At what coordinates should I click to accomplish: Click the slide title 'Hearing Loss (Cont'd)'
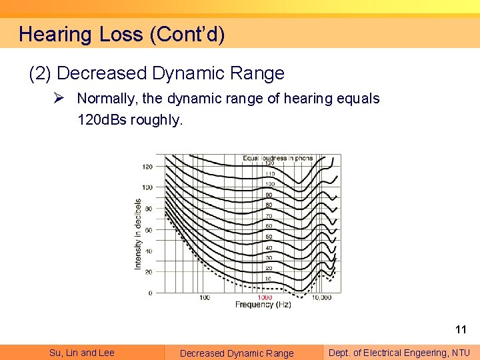(121, 34)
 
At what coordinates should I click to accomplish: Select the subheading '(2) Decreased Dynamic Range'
(157, 73)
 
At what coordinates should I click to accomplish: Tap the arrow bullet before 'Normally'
(59, 98)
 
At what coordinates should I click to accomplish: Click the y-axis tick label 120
(147, 167)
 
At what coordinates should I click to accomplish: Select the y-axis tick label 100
(147, 187)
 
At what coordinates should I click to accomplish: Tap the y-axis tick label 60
(148, 230)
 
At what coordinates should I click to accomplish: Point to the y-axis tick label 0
(150, 293)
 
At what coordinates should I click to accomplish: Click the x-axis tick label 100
(205, 297)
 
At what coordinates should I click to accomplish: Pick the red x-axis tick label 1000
(264, 297)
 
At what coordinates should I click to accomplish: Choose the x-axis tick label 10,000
(321, 297)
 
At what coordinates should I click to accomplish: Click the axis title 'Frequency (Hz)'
(263, 305)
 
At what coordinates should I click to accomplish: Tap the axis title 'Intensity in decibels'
(138, 233)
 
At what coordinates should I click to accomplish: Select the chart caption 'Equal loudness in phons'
(279, 159)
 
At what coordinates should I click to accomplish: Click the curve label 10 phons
(269, 279)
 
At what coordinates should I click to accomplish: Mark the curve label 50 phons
(269, 237)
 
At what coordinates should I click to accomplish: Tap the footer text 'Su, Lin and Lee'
(82, 353)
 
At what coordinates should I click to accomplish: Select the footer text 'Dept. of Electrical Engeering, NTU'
(399, 353)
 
